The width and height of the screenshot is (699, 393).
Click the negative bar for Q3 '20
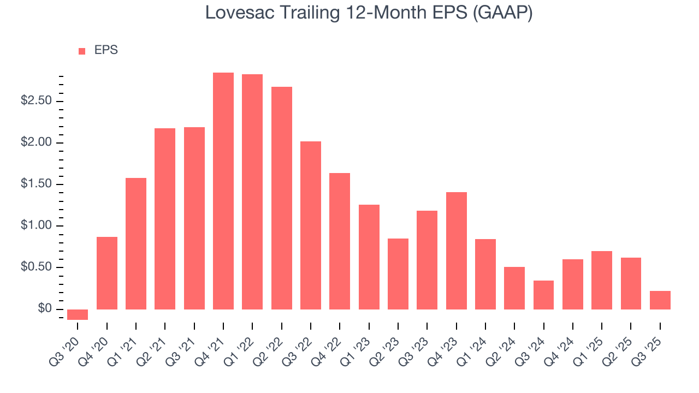click(78, 314)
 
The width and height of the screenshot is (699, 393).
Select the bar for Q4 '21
click(223, 191)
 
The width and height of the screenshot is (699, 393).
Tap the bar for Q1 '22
click(252, 192)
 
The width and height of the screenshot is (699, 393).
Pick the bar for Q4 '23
click(457, 251)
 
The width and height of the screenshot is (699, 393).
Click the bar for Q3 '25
click(660, 300)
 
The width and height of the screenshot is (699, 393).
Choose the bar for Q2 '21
click(165, 219)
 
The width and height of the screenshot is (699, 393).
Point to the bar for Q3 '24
click(543, 295)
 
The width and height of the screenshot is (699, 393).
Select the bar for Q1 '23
click(369, 257)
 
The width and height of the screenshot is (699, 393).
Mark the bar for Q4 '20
click(107, 273)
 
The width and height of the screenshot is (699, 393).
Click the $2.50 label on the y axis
click(36, 101)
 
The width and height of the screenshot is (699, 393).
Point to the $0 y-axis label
click(45, 309)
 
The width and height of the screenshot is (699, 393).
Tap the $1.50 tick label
click(36, 184)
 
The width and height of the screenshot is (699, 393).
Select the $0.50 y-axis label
click(36, 267)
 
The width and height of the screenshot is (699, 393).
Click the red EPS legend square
click(82, 51)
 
